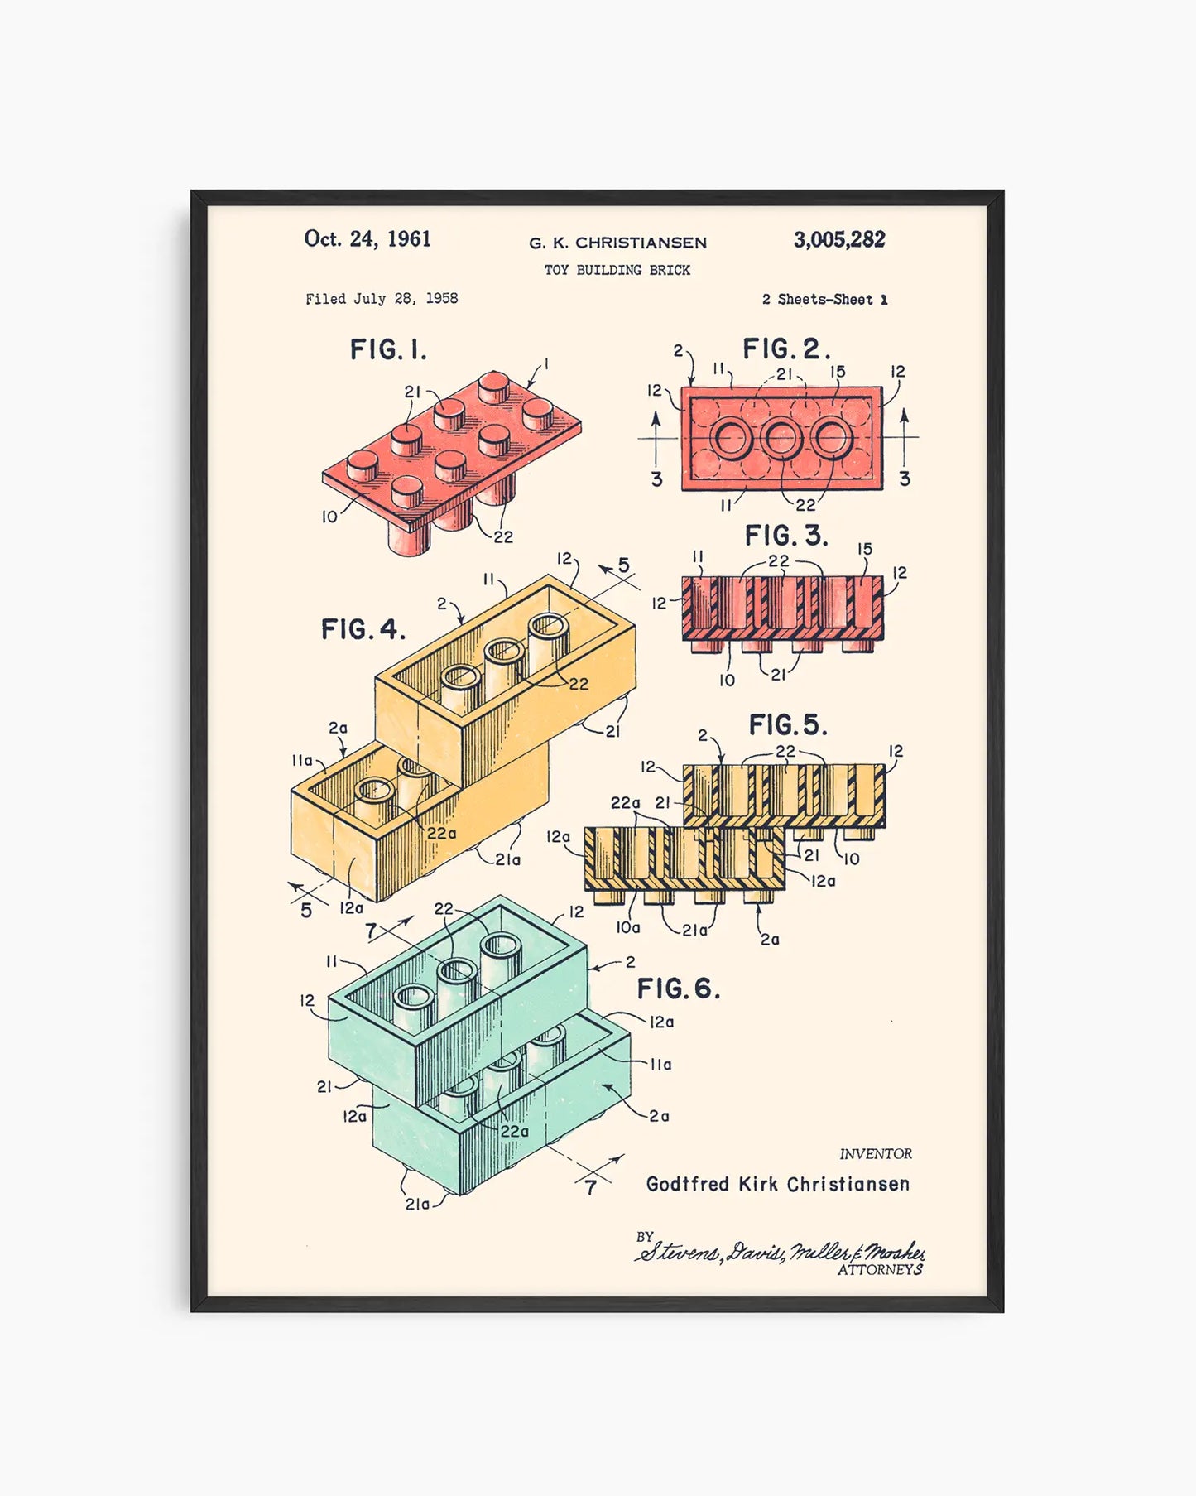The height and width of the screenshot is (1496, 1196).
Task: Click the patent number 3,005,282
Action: pyautogui.click(x=838, y=240)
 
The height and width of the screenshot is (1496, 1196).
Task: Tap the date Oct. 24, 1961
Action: pyautogui.click(x=367, y=239)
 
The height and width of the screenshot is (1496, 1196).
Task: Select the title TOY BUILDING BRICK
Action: pyautogui.click(x=617, y=270)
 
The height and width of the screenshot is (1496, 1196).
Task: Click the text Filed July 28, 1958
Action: pyautogui.click(x=382, y=299)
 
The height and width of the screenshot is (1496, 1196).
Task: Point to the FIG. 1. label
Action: pyautogui.click(x=388, y=350)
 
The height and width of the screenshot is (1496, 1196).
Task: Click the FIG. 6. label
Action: pyautogui.click(x=678, y=989)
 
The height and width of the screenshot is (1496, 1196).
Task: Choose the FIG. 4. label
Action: pyautogui.click(x=363, y=630)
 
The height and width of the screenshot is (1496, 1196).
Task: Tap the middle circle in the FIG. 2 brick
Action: pyautogui.click(x=781, y=438)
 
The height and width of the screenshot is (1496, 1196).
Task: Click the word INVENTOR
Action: pyautogui.click(x=876, y=1154)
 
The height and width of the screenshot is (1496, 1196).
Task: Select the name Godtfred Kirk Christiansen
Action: pyautogui.click(x=777, y=1184)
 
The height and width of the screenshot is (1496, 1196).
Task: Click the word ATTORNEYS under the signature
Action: pyautogui.click(x=880, y=1270)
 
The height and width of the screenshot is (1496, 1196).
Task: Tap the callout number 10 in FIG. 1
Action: pyautogui.click(x=329, y=517)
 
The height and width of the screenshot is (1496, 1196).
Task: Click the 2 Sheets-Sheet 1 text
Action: pyautogui.click(x=824, y=300)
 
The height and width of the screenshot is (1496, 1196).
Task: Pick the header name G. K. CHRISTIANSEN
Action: pyautogui.click(x=617, y=243)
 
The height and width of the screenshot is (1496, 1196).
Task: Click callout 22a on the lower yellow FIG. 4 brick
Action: pyautogui.click(x=441, y=834)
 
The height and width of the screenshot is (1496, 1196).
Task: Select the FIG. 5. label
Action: pyautogui.click(x=787, y=725)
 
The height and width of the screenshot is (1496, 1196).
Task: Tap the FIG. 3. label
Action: pyautogui.click(x=785, y=536)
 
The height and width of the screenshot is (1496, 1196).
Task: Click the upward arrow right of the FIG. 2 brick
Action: pyautogui.click(x=904, y=435)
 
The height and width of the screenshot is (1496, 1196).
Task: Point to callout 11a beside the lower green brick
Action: pyautogui.click(x=660, y=1065)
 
